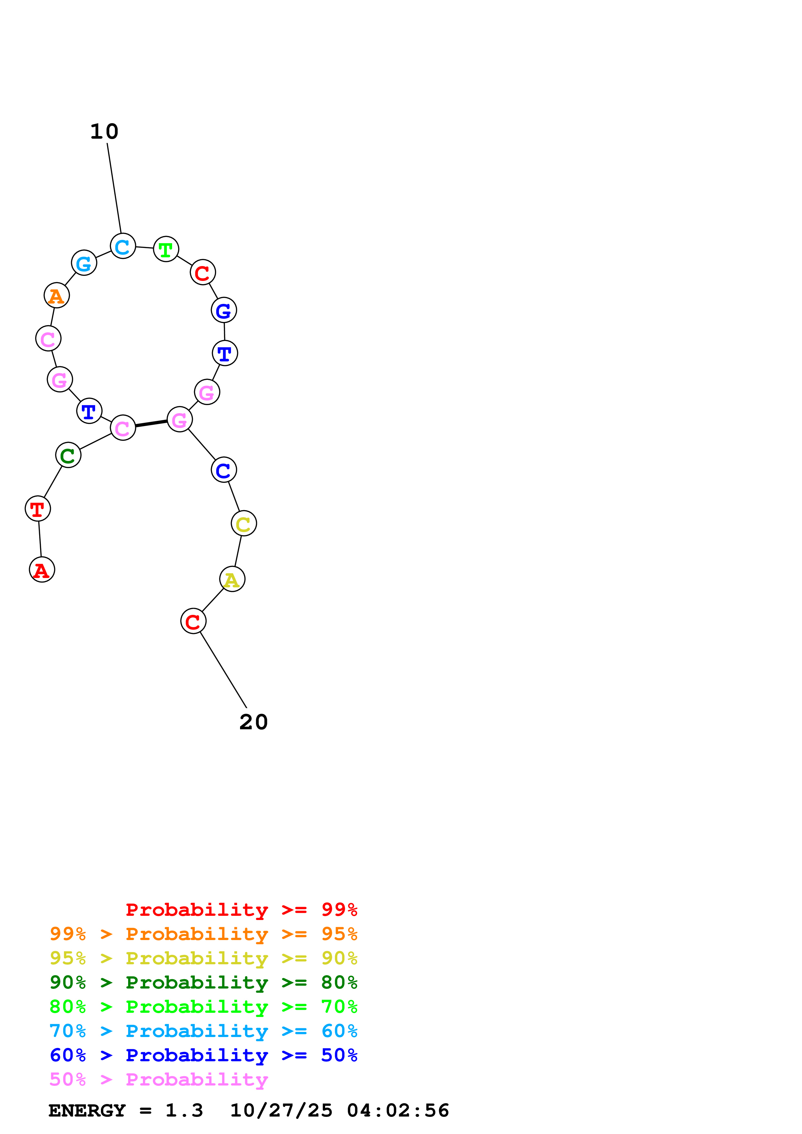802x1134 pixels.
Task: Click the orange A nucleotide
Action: (x=56, y=295)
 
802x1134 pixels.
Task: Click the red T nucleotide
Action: (x=38, y=508)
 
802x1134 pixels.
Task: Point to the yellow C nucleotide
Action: (x=244, y=524)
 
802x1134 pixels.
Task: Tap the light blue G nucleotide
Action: (x=84, y=263)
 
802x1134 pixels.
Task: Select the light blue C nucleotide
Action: (x=123, y=246)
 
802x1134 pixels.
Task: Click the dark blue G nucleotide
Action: (x=224, y=310)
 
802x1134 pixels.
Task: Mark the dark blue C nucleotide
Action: (x=224, y=470)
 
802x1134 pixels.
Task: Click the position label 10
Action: (x=104, y=131)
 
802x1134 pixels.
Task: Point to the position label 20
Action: (x=254, y=722)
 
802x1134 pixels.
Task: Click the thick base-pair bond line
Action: (x=151, y=423)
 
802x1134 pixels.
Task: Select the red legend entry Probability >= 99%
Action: (x=241, y=910)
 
